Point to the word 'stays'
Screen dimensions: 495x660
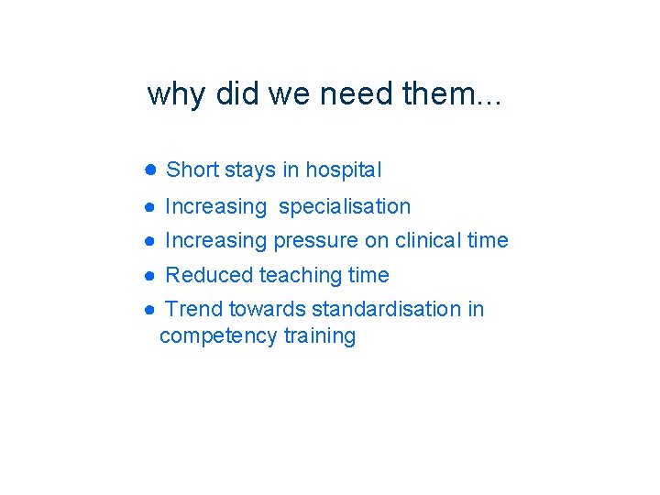(x=250, y=170)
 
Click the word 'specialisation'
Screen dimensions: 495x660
(x=345, y=207)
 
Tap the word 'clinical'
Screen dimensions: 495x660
(x=428, y=240)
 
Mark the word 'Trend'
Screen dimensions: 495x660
(x=193, y=309)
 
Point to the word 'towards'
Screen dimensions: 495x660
(x=267, y=309)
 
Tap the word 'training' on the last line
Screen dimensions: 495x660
(x=319, y=336)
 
